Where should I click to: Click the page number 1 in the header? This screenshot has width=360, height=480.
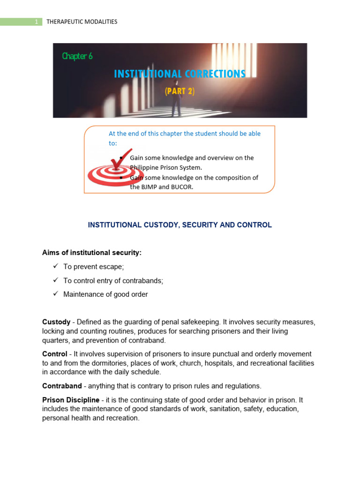coord(36,22)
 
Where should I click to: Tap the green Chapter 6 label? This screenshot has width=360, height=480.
coord(77,56)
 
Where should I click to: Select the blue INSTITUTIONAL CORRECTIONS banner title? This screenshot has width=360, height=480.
coord(180,74)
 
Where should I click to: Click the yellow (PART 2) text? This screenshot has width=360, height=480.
coord(180,91)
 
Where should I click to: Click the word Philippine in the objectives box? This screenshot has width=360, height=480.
coord(145,167)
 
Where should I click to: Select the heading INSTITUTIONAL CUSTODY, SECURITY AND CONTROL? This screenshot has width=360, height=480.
coord(180,225)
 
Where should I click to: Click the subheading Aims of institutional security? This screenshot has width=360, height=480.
coord(92,253)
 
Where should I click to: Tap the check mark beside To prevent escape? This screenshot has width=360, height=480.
coord(55,266)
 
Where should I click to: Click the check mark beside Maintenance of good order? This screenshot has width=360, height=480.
coord(55,294)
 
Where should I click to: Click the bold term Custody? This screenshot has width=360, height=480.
coord(56,322)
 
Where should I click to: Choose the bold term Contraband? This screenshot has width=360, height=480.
coord(60,386)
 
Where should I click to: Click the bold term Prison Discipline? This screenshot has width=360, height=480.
coord(71,400)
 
